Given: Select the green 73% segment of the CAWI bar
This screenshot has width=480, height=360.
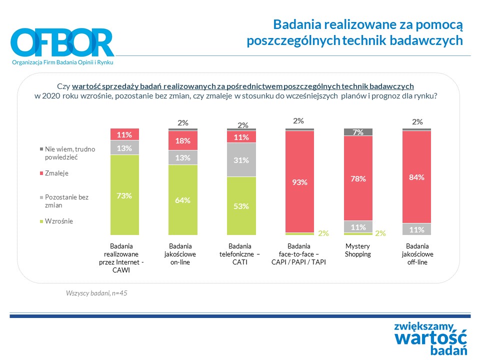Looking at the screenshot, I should [124, 195].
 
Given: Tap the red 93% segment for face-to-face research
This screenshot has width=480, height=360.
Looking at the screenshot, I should [299, 182].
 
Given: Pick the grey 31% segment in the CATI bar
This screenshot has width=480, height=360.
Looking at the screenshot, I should [241, 160].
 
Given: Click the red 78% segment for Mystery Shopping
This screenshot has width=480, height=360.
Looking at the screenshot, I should [358, 178].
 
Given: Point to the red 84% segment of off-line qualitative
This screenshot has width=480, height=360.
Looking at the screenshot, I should [417, 177].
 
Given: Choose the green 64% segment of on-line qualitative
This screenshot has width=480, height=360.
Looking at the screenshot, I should [183, 200].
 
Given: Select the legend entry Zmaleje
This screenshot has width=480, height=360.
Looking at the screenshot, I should [56, 173].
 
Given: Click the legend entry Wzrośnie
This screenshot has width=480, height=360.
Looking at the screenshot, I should [58, 221].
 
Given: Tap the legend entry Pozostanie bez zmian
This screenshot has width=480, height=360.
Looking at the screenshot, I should [66, 201].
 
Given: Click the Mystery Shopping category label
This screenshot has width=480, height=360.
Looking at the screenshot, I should [358, 250].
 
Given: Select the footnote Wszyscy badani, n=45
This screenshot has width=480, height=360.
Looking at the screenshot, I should [97, 292].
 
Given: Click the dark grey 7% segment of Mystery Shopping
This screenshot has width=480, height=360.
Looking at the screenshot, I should [358, 132].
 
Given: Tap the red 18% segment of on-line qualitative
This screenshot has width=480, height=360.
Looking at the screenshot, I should [183, 140].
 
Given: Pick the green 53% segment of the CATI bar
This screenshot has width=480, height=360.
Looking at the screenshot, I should [241, 206].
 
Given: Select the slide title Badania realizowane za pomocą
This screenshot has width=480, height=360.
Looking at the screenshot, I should [368, 24].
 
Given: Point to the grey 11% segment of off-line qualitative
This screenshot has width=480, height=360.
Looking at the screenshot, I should [417, 229].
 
